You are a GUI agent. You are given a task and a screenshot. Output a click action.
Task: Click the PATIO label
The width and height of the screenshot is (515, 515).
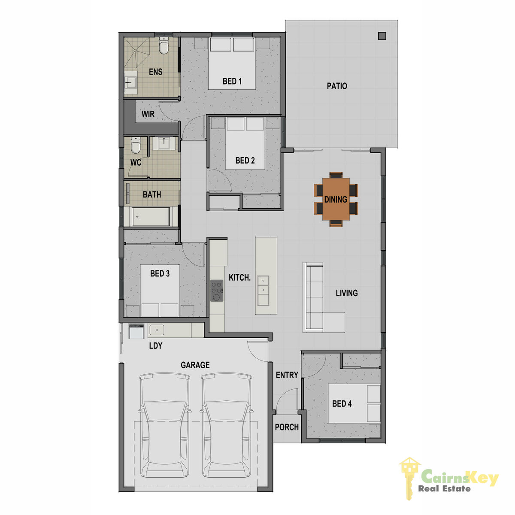pos(337,86)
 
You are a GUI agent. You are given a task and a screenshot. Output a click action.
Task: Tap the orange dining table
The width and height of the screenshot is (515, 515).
pos(336,199)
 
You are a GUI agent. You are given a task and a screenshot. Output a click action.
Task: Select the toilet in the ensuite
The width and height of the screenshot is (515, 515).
pos(164,45)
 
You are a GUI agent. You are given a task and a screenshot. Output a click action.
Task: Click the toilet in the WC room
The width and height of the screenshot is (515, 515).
pos(135,145)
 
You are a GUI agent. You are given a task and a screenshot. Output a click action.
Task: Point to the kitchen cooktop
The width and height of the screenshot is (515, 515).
pos(216,291)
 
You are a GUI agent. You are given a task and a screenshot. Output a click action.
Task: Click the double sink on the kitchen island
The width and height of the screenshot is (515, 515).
pos(263,291)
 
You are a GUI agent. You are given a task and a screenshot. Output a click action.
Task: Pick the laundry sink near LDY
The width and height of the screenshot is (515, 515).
pos(157,330)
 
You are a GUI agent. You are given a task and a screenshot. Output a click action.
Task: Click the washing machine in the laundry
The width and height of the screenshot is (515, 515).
pos(136,331)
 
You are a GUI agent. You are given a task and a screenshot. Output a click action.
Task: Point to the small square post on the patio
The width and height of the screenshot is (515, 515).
pos(382,36)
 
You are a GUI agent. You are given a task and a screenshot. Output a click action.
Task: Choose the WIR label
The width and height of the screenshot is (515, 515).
pos(148,114)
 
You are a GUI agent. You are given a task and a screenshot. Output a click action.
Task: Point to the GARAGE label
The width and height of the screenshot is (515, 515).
pos(195,365)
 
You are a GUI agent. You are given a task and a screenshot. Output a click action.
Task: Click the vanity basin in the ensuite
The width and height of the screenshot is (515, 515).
pos(131,82)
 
